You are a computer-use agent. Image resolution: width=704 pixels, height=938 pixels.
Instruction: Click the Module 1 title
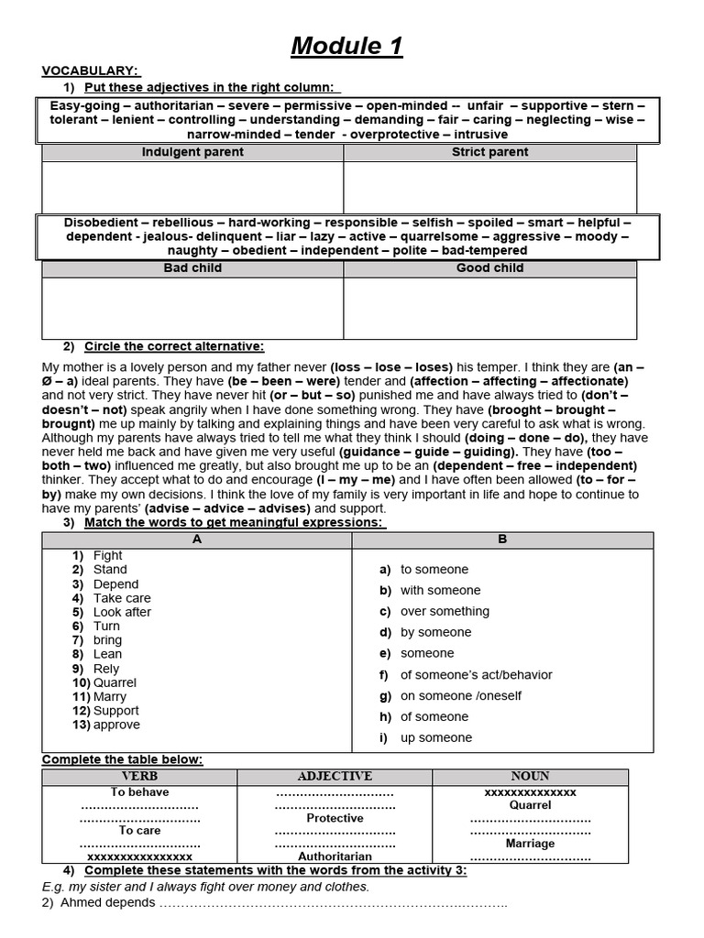click(x=346, y=46)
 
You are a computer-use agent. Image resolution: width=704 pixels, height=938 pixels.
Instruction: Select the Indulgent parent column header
click(x=192, y=152)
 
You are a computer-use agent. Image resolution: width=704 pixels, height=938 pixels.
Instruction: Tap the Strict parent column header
click(x=489, y=152)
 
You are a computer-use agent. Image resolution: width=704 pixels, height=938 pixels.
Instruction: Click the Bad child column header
click(x=192, y=268)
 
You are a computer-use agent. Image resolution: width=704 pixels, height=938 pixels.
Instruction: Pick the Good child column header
click(x=489, y=268)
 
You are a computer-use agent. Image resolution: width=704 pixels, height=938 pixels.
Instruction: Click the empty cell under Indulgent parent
click(x=192, y=187)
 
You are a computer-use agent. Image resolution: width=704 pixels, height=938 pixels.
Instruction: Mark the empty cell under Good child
click(x=489, y=308)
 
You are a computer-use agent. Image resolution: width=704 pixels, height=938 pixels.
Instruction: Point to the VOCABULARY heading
click(x=90, y=71)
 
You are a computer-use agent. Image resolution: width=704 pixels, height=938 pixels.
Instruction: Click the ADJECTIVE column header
click(x=335, y=776)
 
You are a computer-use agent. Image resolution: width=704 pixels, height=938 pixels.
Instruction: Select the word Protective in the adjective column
click(x=335, y=818)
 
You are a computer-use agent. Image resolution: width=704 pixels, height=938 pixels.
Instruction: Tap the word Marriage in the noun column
click(x=530, y=843)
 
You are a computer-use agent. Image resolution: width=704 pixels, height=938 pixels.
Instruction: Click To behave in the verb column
click(x=139, y=791)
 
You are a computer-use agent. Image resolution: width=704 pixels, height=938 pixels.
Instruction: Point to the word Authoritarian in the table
click(x=335, y=856)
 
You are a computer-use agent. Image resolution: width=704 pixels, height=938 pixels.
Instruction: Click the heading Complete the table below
click(x=122, y=759)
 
